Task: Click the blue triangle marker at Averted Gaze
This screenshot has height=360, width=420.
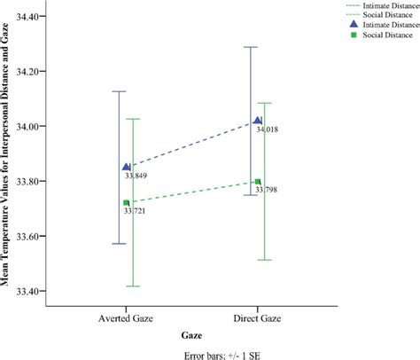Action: pyautogui.click(x=127, y=167)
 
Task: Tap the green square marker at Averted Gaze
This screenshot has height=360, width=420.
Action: pyautogui.click(x=127, y=203)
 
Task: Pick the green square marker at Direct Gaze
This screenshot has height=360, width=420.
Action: pyautogui.click(x=258, y=182)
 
